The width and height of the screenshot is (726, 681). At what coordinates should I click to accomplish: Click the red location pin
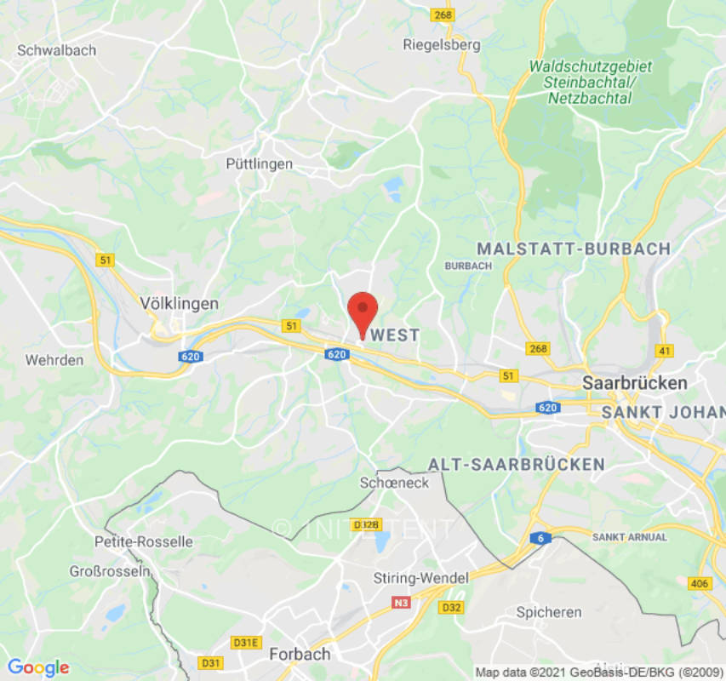point(363,312)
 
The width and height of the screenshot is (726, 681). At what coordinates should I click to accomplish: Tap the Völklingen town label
point(179,303)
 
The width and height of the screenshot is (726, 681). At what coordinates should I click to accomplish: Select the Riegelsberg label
point(442,44)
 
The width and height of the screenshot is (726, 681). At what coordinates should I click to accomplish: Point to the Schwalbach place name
point(57,50)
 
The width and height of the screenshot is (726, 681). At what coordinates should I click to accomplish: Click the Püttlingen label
point(260,163)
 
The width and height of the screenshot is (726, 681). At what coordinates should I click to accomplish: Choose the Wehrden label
point(54,360)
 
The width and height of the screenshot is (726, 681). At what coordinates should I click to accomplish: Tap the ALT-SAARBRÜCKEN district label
point(517,464)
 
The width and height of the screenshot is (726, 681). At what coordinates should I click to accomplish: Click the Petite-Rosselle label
point(143,541)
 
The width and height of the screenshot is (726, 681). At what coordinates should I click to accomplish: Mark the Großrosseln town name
point(109,571)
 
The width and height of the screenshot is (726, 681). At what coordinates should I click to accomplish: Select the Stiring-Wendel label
point(421,578)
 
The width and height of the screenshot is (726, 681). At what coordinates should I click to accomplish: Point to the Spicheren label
point(549,612)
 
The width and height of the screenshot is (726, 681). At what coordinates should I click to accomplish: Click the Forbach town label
point(300,655)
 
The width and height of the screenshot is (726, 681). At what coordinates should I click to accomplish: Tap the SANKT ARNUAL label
point(629,537)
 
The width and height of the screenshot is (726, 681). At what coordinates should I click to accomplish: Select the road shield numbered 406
point(699,583)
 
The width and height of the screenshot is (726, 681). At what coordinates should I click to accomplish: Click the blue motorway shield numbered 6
point(540,538)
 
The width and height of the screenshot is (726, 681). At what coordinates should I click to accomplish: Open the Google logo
point(37,668)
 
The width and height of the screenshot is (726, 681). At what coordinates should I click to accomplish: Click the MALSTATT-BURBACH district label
point(574,249)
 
